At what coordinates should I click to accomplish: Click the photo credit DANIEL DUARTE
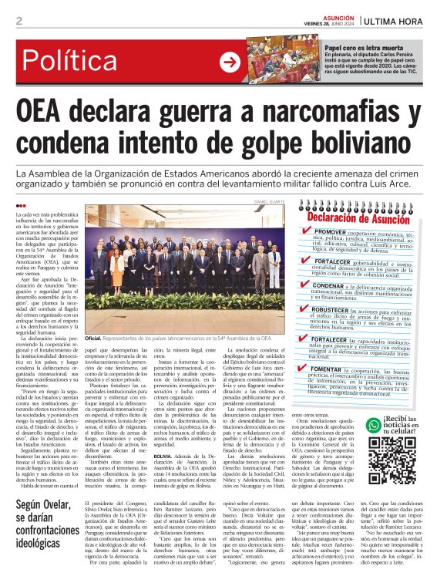coord(269,203)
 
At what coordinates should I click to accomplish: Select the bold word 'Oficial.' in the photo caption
coord(93,338)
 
